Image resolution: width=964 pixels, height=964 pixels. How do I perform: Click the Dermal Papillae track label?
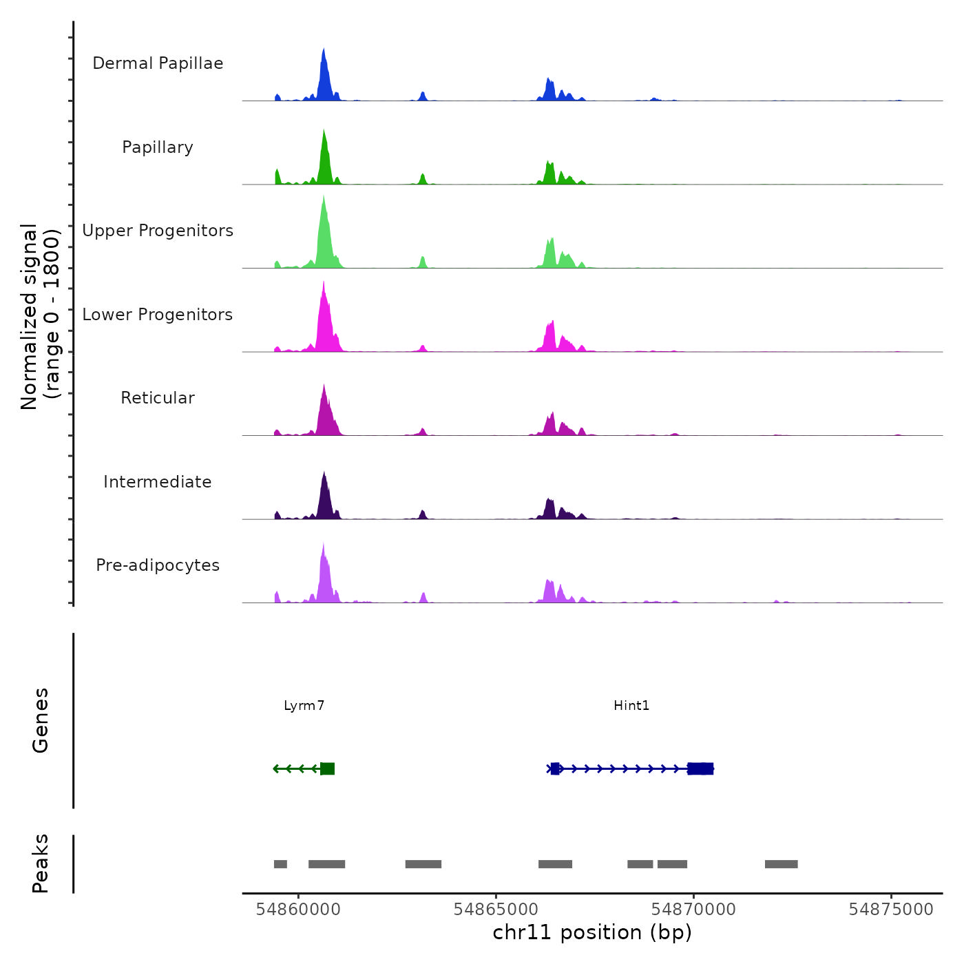pos(158,63)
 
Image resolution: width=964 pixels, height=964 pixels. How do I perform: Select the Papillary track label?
pos(158,147)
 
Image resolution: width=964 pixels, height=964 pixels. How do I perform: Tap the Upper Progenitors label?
pos(158,231)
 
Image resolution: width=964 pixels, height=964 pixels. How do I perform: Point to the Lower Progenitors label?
pos(158,315)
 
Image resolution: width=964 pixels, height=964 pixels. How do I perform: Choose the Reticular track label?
pos(158,398)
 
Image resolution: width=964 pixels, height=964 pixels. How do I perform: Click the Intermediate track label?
pos(158,482)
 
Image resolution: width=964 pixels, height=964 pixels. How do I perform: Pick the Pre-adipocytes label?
pos(158,565)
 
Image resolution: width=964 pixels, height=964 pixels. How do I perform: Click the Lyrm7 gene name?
pos(304,706)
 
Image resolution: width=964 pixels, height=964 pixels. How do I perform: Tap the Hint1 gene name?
pos(631,706)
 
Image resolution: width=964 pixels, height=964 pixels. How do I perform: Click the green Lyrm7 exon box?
pos(328,769)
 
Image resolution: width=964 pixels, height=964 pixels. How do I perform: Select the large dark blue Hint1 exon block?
pos(700,769)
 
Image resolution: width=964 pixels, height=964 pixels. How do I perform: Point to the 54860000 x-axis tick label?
pos(298,910)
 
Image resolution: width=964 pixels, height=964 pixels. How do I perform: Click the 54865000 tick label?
pos(496,910)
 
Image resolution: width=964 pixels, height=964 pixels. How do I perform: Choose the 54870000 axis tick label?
pos(693,910)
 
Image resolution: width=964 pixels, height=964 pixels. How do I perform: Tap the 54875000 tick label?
pos(891,910)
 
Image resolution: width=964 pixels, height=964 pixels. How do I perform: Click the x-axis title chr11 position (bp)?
pos(592,933)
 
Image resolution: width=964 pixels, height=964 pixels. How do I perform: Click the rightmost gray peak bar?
pos(781,864)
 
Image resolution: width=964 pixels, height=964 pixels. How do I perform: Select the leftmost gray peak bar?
pos(280,864)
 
